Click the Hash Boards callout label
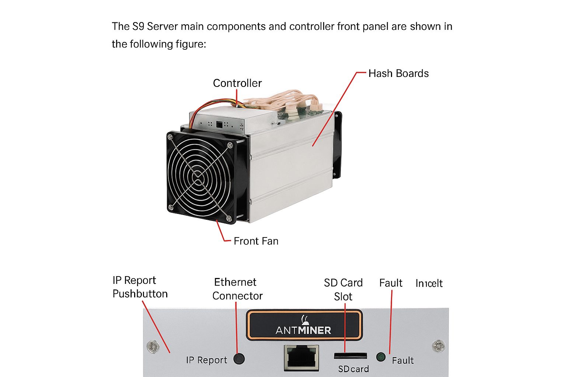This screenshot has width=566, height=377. coord(398,73)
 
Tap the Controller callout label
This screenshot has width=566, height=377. coord(237,83)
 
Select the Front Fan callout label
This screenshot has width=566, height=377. coord(256,241)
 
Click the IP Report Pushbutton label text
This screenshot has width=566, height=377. coord(140,287)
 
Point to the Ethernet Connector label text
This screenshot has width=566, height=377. coord(237,289)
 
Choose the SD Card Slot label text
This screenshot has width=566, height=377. coord(343,289)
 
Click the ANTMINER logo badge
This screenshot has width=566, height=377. coord(304,325)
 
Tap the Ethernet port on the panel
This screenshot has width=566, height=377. coord(301,357)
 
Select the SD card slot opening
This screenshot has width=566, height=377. coord(350,356)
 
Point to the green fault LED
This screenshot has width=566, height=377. coord(381,357)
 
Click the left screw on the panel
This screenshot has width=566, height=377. coord(153,346)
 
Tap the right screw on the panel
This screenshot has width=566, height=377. coord(438,346)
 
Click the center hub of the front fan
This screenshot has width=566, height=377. coord(199,177)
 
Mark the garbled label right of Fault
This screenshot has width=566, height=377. coord(429,283)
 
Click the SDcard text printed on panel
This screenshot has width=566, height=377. coord(353,369)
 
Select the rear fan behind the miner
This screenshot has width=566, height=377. coord(338,145)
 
